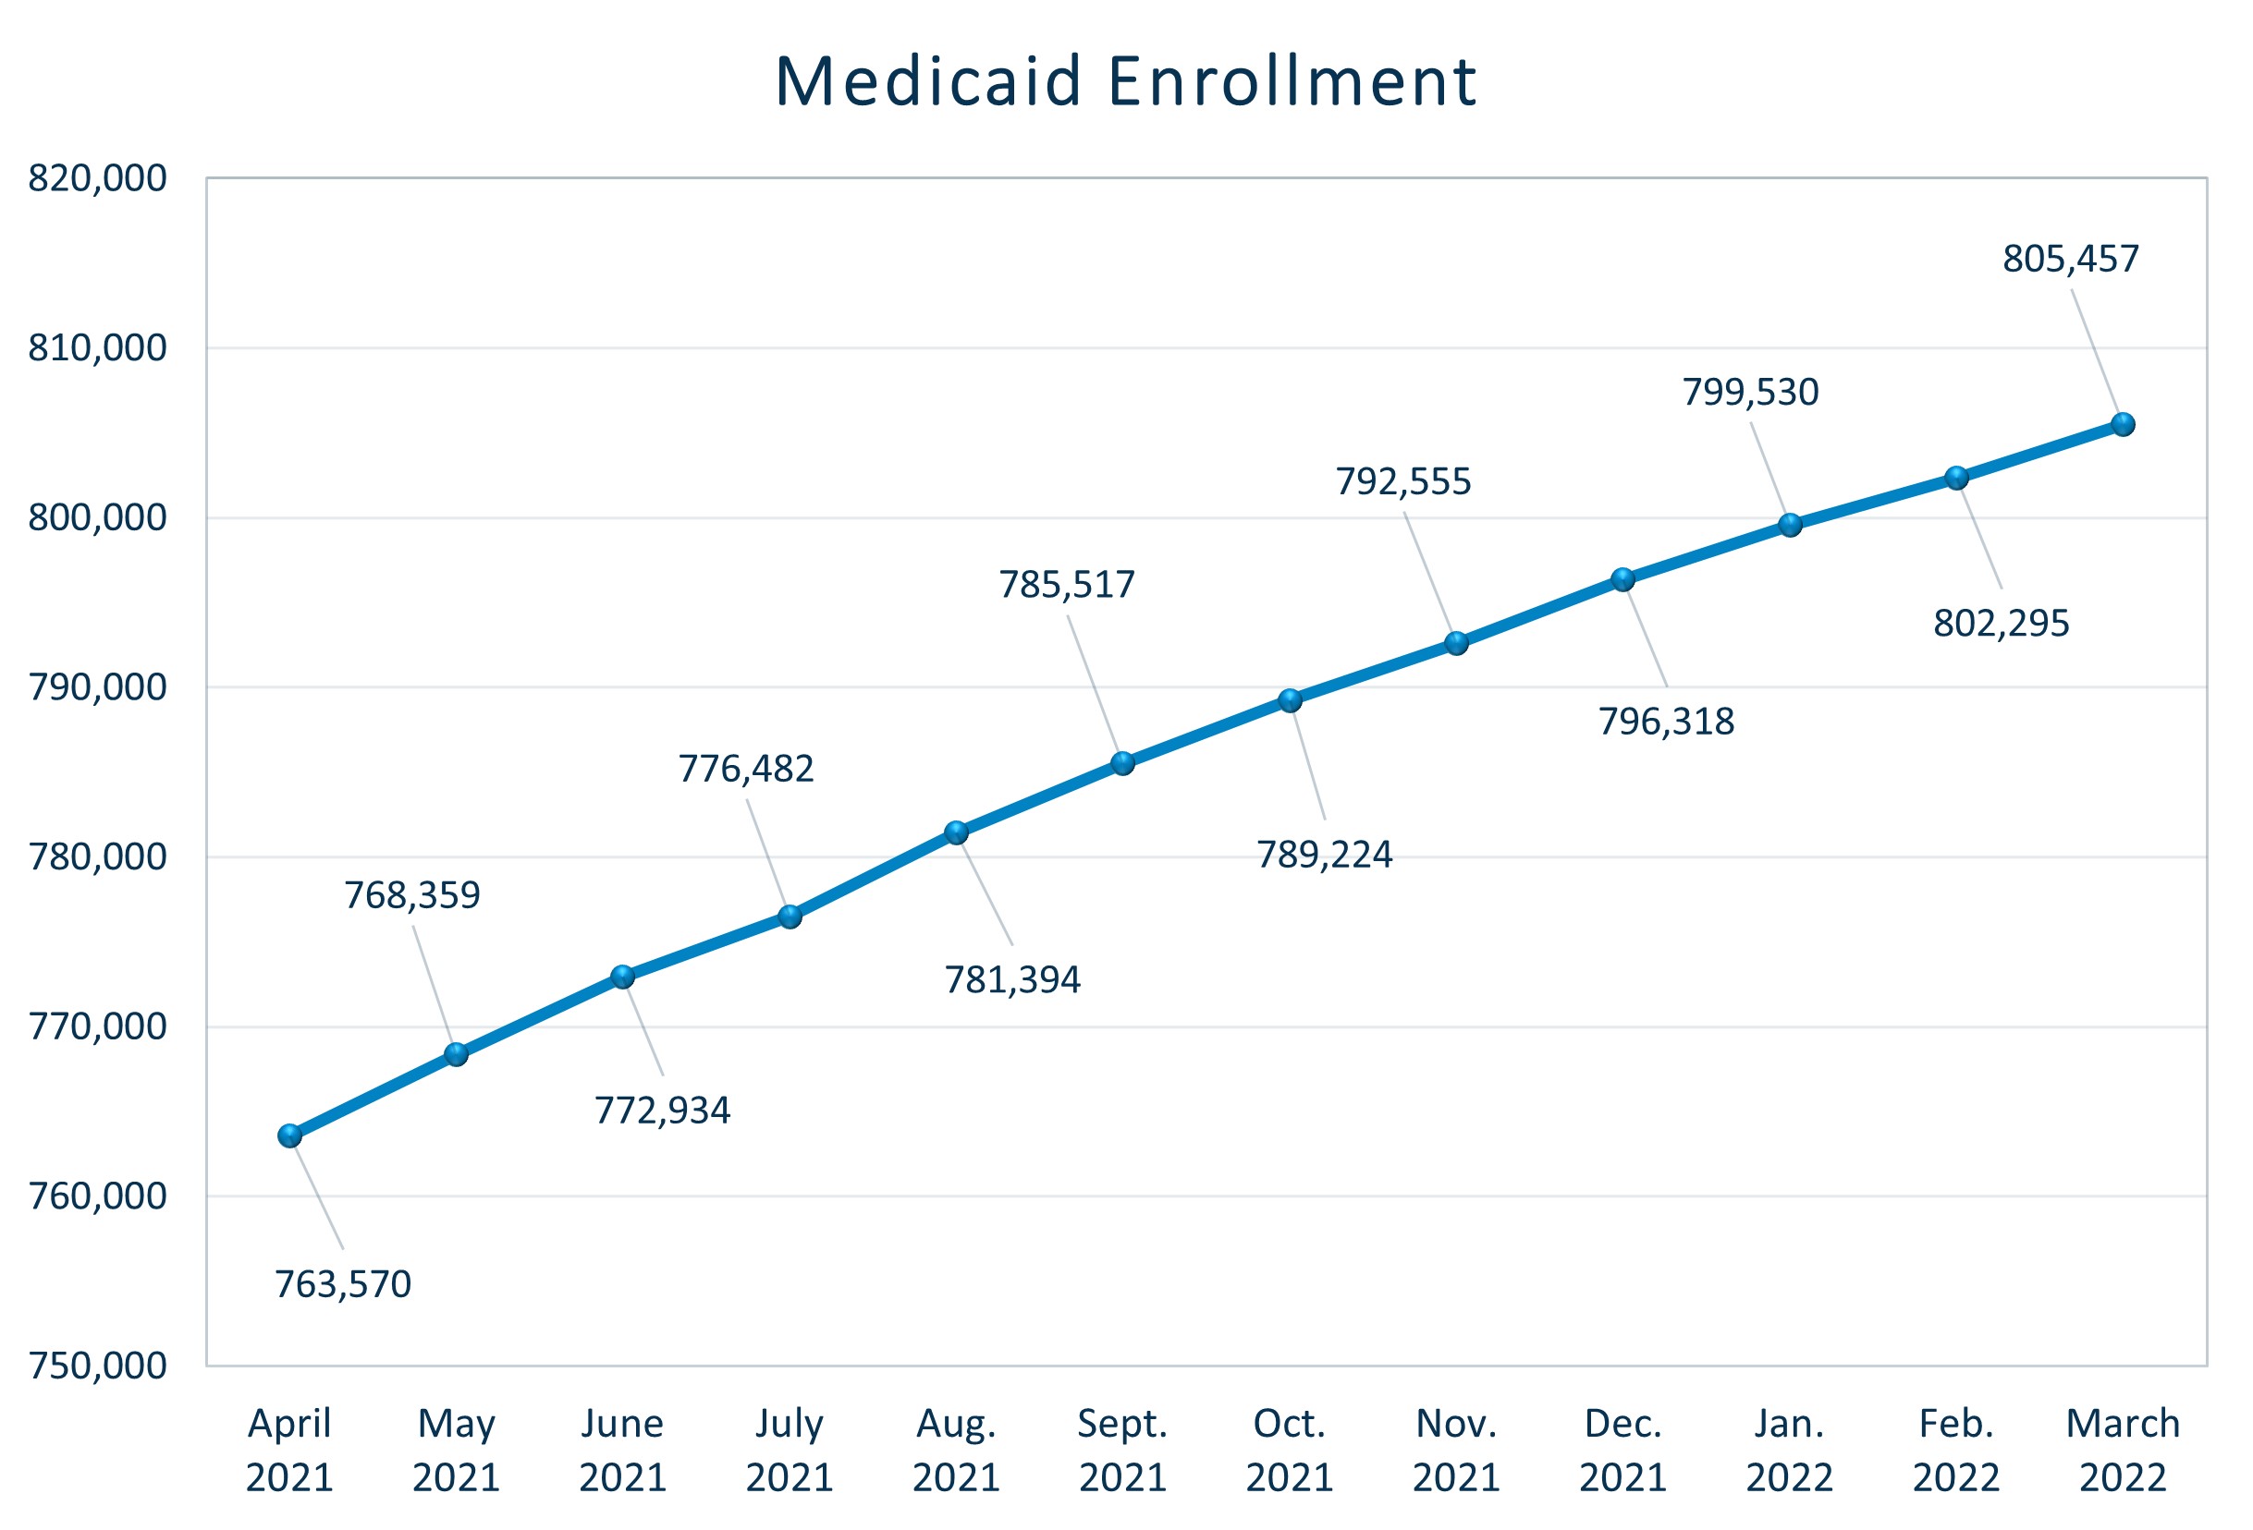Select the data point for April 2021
(290, 1135)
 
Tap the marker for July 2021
(790, 917)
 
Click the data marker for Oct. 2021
(1290, 700)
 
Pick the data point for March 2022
(2123, 424)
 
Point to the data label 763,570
(343, 1285)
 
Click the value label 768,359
(412, 895)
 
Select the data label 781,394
(1012, 980)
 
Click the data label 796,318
(1666, 722)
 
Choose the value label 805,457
(2071, 260)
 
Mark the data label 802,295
(2001, 623)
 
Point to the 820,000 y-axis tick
(97, 178)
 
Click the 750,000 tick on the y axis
(97, 1366)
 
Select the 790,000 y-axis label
(97, 687)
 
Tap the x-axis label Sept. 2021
(1122, 1451)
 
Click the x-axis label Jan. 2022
(1790, 1451)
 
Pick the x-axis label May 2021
(456, 1451)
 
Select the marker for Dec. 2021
(1622, 579)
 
